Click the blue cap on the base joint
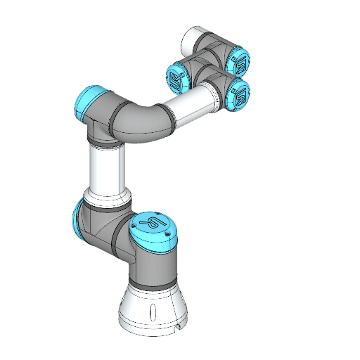tap(153, 231)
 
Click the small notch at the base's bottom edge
tap(176, 328)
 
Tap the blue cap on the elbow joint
tap(86, 102)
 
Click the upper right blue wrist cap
tap(240, 62)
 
